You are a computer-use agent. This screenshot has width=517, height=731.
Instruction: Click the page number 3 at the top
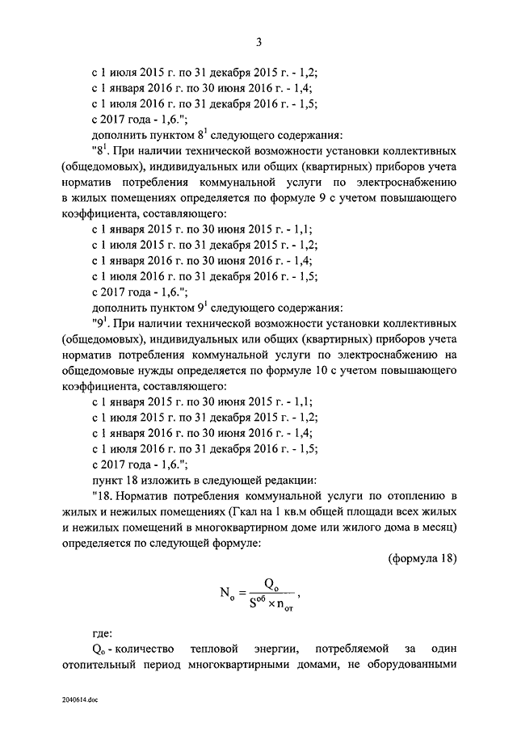click(258, 43)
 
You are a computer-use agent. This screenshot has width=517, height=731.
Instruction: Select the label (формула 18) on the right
click(422, 559)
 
